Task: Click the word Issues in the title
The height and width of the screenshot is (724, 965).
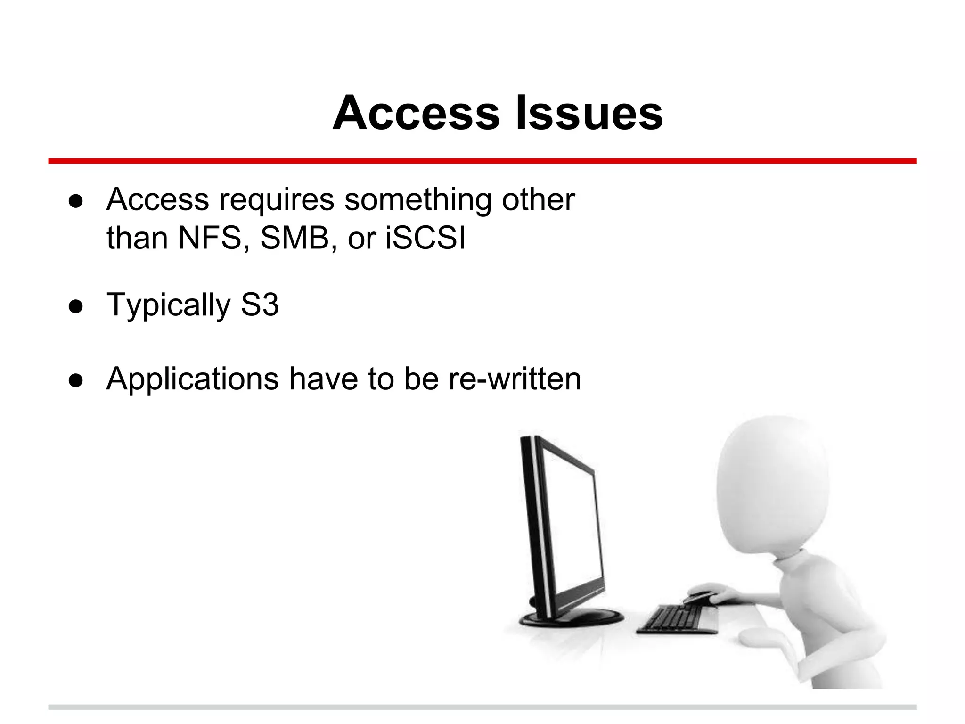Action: click(x=589, y=114)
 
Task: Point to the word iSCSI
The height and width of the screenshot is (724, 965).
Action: click(x=425, y=238)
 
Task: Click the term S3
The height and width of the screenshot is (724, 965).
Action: click(x=260, y=304)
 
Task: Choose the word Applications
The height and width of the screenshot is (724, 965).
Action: click(x=193, y=379)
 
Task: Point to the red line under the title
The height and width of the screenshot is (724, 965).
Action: click(x=482, y=161)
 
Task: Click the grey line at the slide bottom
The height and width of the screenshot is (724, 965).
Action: click(x=482, y=707)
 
